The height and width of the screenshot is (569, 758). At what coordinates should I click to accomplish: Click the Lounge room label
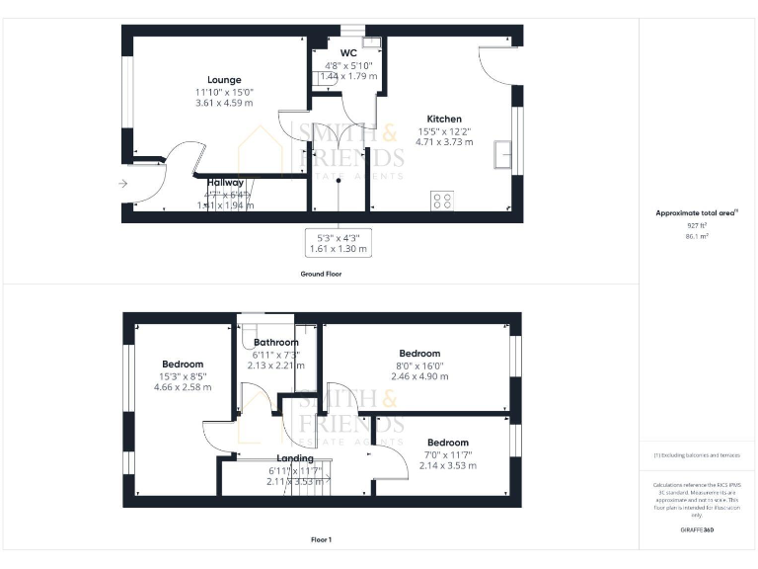(224, 80)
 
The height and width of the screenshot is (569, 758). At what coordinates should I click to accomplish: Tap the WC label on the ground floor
(348, 52)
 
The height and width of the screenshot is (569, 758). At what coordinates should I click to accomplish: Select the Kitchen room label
(444, 119)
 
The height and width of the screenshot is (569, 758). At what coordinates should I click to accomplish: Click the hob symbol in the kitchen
(442, 201)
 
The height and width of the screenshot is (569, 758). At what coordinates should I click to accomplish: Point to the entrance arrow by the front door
(122, 184)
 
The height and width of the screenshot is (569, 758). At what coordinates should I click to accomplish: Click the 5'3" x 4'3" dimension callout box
(338, 243)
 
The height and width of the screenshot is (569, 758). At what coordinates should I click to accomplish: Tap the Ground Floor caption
(321, 274)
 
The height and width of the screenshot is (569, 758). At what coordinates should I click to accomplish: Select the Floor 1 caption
(321, 539)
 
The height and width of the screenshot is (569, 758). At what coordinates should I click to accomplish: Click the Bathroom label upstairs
(275, 343)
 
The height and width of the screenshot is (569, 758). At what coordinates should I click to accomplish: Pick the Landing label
(295, 458)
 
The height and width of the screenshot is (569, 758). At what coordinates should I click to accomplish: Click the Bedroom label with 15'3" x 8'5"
(183, 365)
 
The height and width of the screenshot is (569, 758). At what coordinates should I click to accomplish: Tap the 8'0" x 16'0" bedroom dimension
(419, 366)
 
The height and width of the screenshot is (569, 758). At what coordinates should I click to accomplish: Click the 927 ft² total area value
(697, 225)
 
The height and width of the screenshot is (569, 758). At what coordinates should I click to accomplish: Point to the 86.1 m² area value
(697, 237)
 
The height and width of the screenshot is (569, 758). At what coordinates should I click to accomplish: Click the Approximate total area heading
(696, 212)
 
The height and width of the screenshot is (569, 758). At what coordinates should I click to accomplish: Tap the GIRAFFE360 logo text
(697, 530)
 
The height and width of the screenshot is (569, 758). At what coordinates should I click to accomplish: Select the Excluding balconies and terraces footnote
(697, 455)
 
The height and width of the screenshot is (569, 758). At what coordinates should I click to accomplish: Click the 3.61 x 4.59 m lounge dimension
(224, 102)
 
